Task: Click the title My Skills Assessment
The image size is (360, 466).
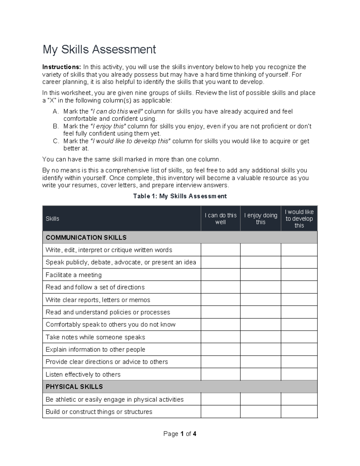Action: (99, 50)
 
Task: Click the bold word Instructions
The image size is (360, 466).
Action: (61, 67)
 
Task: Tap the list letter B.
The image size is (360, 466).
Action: (55, 126)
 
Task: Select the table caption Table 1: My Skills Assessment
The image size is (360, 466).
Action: (180, 196)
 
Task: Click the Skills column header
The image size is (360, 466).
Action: (52, 219)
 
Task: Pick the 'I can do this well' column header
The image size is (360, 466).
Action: (220, 219)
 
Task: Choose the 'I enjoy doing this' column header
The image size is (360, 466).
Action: (260, 219)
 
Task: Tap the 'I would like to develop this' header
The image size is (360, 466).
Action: (299, 219)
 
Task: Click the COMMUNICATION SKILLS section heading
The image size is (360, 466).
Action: (86, 238)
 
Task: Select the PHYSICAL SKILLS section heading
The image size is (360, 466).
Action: (74, 387)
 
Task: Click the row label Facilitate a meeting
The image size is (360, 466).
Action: (73, 275)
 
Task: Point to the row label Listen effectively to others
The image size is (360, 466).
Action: (83, 374)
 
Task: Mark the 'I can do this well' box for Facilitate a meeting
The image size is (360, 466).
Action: (220, 275)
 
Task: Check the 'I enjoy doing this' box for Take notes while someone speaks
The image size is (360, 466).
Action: (260, 337)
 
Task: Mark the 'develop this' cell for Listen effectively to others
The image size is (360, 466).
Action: (299, 374)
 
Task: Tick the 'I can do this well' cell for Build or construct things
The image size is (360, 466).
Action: (220, 412)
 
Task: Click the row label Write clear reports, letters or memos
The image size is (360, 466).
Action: (98, 300)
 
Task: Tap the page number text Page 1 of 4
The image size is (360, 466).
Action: (180, 434)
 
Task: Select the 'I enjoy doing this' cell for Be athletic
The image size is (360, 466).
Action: (260, 399)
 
